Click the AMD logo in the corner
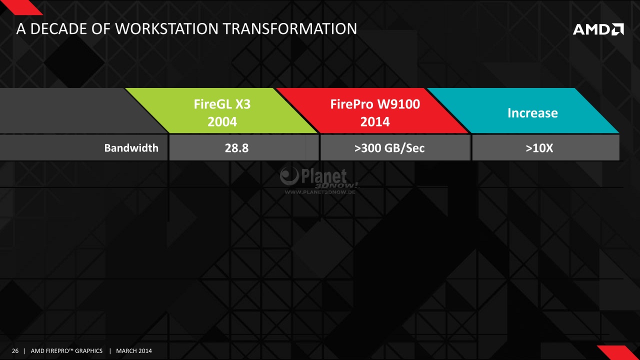(598, 29)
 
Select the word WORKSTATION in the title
(166, 29)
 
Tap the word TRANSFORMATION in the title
(289, 29)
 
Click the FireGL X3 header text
(222, 104)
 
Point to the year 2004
(222, 121)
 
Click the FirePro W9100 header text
(375, 104)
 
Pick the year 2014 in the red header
(375, 121)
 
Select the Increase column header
(532, 113)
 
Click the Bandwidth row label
(131, 148)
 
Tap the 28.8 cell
(236, 148)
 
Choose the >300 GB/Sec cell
(389, 148)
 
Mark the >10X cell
(539, 148)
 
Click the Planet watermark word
(324, 176)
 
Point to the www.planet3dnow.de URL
(320, 192)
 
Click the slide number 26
(15, 351)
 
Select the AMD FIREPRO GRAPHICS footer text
(66, 351)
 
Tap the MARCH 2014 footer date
(134, 351)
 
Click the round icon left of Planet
(289, 175)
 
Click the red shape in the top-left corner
(23, 7)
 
